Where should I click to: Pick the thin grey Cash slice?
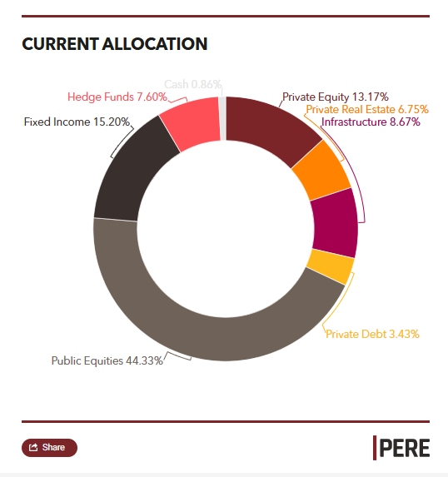pyautogui.click(x=222, y=117)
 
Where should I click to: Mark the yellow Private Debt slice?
pyautogui.click(x=329, y=267)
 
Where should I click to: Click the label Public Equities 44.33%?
pyautogui.click(x=107, y=360)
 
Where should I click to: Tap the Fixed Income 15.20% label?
pyautogui.click(x=77, y=122)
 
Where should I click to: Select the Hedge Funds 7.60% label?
pyautogui.click(x=117, y=97)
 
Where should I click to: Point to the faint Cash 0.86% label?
pyautogui.click(x=192, y=84)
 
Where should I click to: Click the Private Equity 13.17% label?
pyautogui.click(x=335, y=97)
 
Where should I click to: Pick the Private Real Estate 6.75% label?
pyautogui.click(x=366, y=109)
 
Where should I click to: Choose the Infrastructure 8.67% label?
pyautogui.click(x=371, y=122)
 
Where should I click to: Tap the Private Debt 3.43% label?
pyautogui.click(x=372, y=334)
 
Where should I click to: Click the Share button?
pyautogui.click(x=49, y=447)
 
